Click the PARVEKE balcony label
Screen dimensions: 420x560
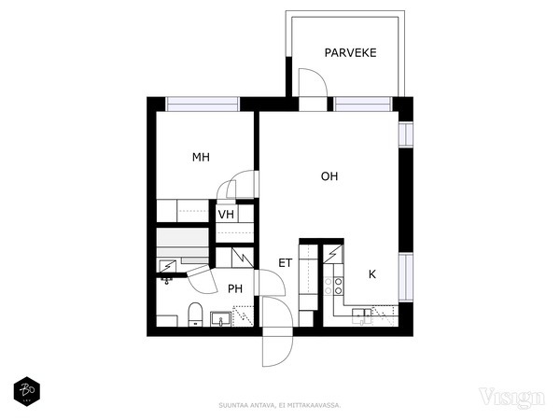click(x=351, y=53)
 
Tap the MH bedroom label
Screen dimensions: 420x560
click(x=201, y=158)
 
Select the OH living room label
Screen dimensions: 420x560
click(x=329, y=175)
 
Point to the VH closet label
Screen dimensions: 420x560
click(x=225, y=215)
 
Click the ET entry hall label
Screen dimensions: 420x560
click(x=286, y=263)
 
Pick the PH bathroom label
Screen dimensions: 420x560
click(x=235, y=289)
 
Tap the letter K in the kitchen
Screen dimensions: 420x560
click(x=371, y=274)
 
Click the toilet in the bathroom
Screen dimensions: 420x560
click(x=195, y=315)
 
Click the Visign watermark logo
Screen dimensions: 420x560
click(x=511, y=398)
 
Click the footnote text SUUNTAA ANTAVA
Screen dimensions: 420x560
click(x=279, y=406)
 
